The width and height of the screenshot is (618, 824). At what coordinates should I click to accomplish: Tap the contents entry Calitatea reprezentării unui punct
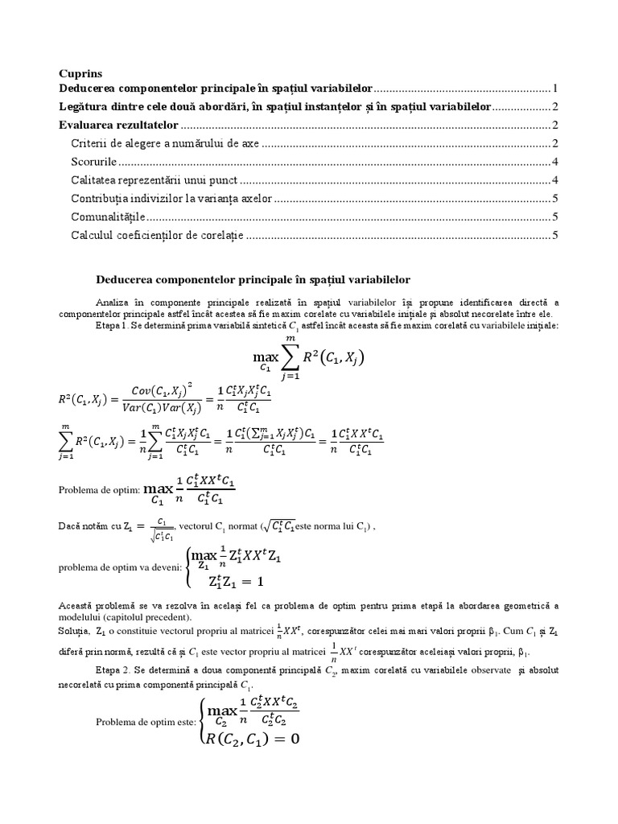[154, 179]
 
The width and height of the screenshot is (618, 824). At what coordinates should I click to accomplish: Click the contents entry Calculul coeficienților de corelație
[157, 235]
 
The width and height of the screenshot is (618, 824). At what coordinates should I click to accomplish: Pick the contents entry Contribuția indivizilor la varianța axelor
[171, 198]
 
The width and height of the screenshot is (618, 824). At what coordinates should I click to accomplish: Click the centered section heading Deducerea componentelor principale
[253, 279]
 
